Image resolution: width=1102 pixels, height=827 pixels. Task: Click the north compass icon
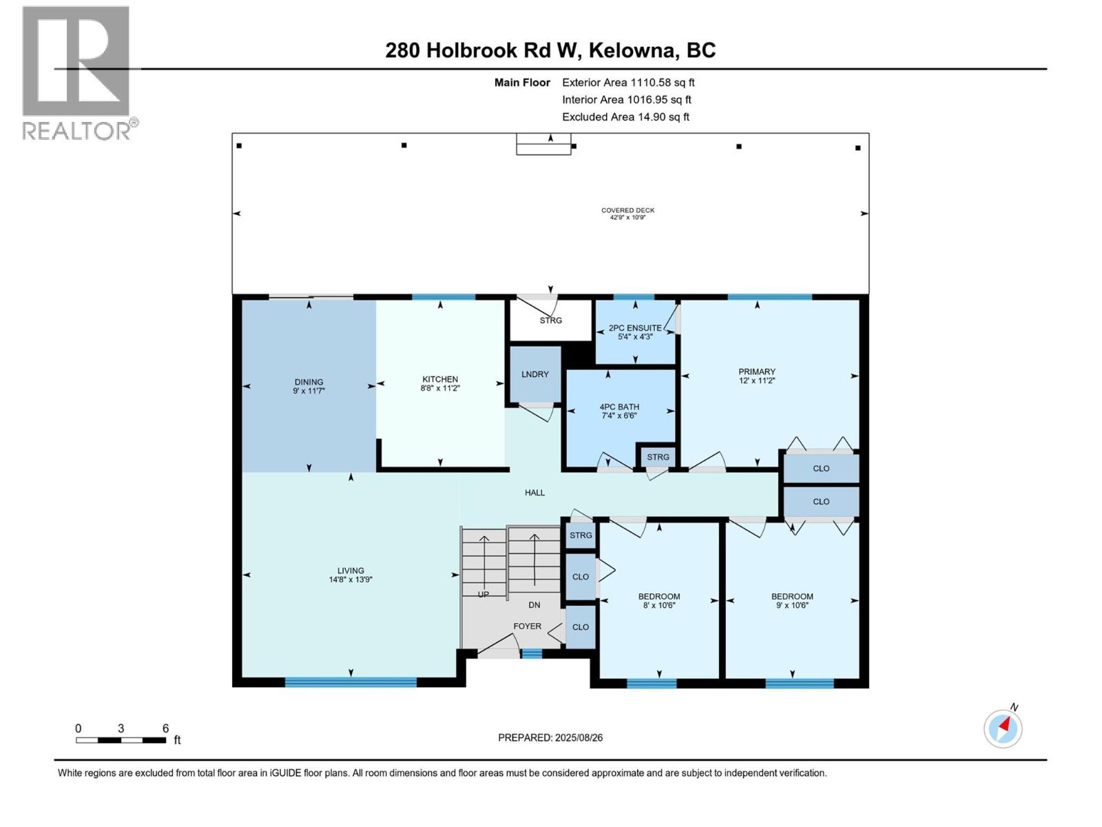(x=1003, y=728)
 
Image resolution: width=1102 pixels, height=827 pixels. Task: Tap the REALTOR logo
(x=76, y=72)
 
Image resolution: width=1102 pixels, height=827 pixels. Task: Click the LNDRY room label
(x=535, y=374)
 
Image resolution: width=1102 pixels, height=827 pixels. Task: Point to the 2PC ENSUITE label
(x=635, y=328)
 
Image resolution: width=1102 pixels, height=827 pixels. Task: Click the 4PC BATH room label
(x=619, y=407)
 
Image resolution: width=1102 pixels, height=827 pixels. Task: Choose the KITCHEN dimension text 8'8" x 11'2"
(x=440, y=389)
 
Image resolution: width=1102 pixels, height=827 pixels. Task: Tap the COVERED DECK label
(x=627, y=211)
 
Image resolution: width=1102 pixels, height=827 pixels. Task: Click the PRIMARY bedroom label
(x=756, y=371)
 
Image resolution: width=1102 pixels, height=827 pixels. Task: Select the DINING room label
(x=309, y=382)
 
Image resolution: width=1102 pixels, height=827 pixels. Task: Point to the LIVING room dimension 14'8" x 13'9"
(x=351, y=580)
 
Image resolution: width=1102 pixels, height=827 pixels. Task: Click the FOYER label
(x=528, y=626)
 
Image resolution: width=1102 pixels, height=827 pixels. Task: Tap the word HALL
(x=534, y=493)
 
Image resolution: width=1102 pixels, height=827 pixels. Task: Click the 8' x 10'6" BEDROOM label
(x=659, y=597)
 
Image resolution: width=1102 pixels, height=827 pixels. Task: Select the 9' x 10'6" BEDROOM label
(x=792, y=597)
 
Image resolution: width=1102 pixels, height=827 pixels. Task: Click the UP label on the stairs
(x=484, y=594)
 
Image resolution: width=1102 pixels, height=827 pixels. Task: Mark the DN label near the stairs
(x=534, y=605)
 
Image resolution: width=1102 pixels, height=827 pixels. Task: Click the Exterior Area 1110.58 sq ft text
(x=628, y=83)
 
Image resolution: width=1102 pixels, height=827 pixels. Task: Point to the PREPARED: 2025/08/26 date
(x=550, y=737)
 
